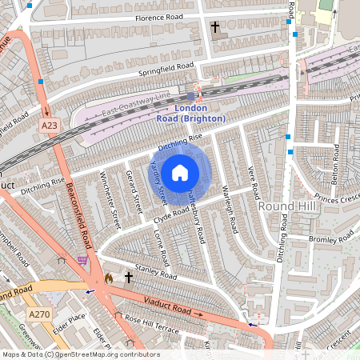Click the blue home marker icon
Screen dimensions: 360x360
(180, 173)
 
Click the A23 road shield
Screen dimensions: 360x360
(50, 125)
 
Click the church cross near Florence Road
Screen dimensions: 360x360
(214, 27)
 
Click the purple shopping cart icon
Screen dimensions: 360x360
(82, 260)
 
